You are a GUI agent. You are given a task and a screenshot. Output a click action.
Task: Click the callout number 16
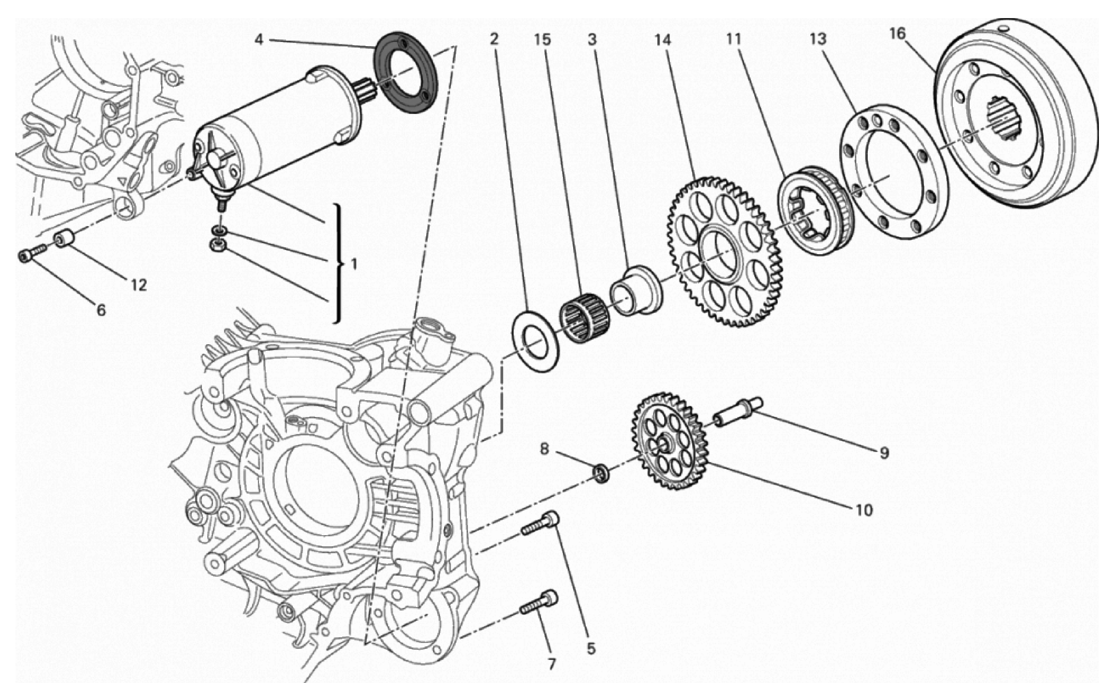(897, 34)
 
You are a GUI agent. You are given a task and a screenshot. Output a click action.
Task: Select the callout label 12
(139, 285)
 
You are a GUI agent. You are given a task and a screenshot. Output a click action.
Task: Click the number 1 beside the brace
(354, 263)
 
